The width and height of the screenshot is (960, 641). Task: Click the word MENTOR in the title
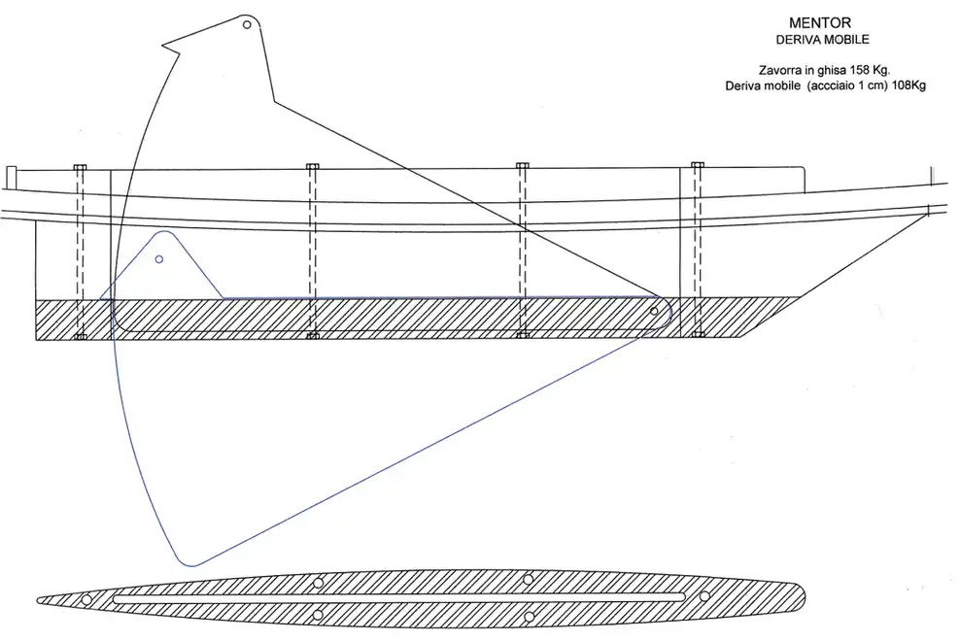(820, 23)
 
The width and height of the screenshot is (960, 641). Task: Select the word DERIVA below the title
(796, 39)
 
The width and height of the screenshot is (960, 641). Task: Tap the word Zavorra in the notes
(779, 70)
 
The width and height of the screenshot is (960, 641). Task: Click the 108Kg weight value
(909, 85)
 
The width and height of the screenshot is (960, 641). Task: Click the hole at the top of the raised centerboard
(247, 24)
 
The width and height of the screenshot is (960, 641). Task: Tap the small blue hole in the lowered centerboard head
(159, 259)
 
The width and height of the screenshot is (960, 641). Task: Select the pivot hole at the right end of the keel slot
(654, 311)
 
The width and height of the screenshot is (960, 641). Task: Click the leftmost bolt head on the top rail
(81, 166)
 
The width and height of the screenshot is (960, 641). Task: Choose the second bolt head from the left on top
(312, 166)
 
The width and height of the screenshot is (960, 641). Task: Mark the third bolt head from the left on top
(522, 165)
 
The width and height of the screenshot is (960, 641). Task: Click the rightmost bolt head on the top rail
(698, 165)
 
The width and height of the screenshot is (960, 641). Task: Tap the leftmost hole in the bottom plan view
(86, 599)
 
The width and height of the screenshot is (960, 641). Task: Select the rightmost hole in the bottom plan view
(704, 596)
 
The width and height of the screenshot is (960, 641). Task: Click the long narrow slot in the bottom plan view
(399, 599)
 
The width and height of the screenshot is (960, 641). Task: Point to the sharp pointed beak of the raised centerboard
(163, 44)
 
